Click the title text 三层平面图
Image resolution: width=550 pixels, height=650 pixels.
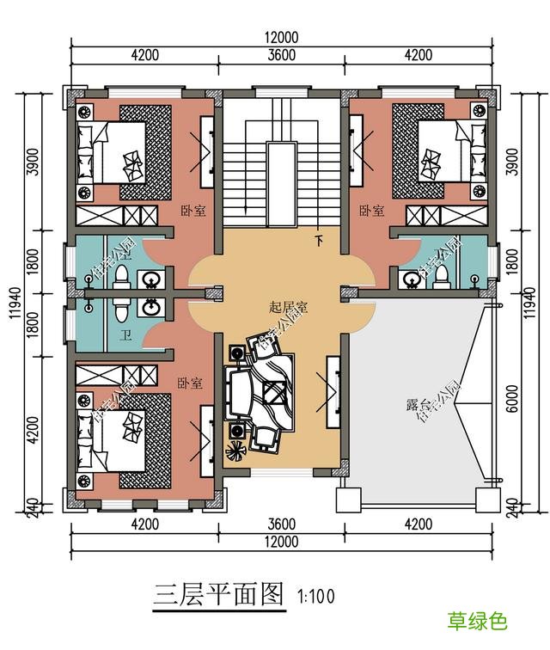(218, 593)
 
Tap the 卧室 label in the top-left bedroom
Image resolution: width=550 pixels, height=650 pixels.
(192, 211)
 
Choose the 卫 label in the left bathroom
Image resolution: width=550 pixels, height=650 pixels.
(125, 335)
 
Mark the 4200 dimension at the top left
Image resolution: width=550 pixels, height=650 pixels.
(144, 56)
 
